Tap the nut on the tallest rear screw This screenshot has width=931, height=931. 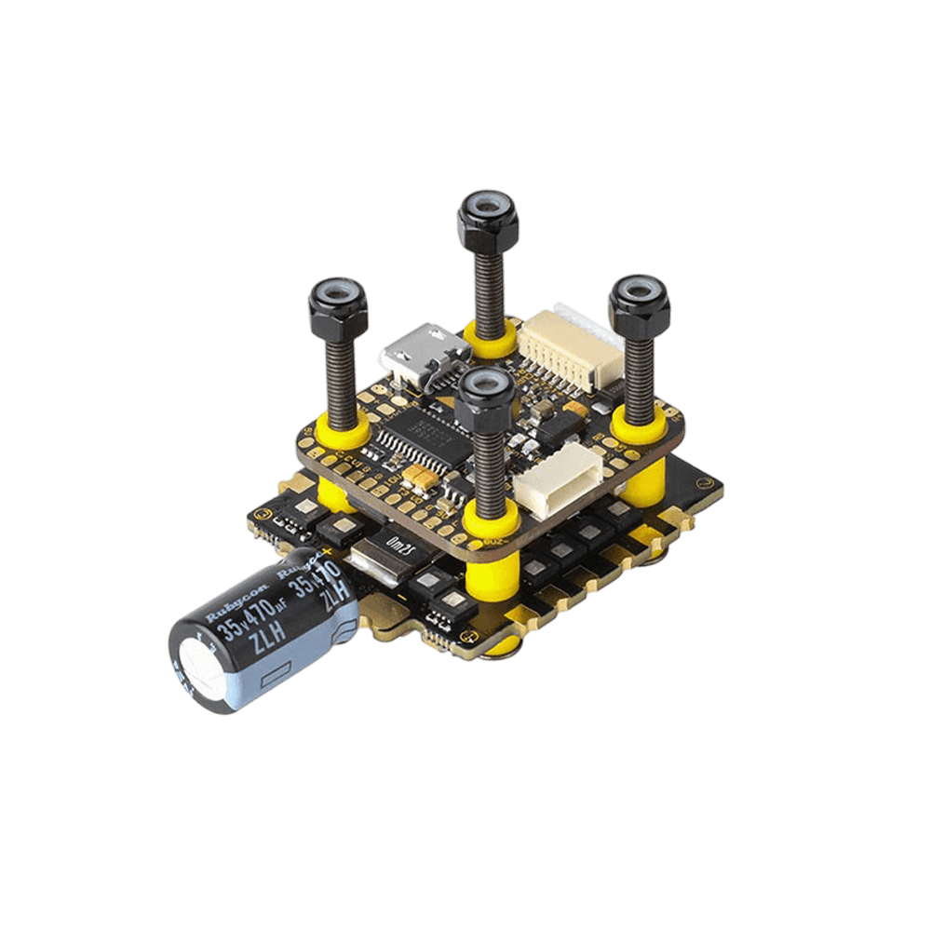coord(487,218)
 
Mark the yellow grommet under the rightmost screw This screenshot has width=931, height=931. coord(639,423)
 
